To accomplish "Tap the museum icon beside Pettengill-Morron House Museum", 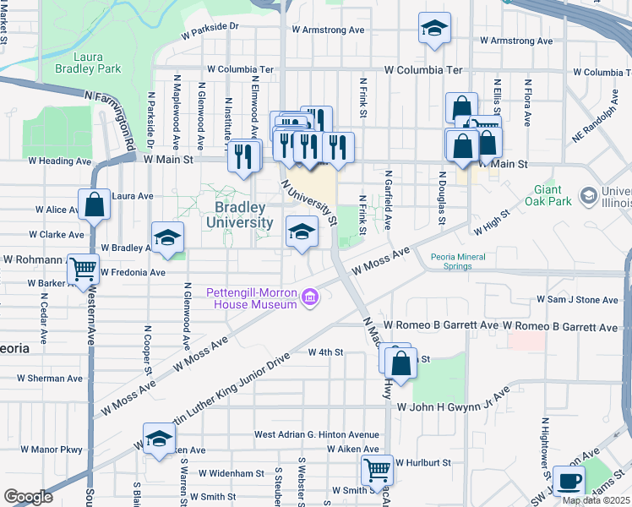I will pos(310,297).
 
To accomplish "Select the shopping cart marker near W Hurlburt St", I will pos(377,469).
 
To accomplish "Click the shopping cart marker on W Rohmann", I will pos(84,270).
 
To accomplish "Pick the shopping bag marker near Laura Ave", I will pos(95,204).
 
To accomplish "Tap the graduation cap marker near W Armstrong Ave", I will pos(434,28).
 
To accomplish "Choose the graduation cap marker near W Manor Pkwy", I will pos(158,438).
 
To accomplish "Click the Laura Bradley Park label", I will pos(82,63).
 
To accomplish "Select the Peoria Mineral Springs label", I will pos(462,260).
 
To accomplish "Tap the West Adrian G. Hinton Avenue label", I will pos(317,434).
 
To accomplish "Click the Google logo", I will pos(28,497).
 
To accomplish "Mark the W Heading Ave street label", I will pos(59,161).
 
